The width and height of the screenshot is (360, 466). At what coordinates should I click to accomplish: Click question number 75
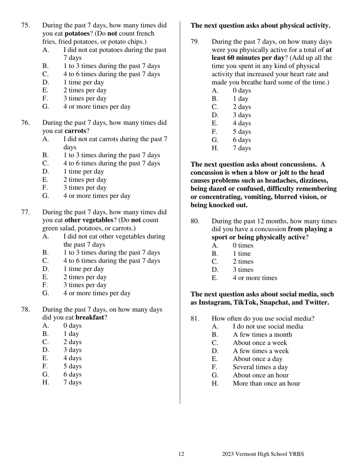25,25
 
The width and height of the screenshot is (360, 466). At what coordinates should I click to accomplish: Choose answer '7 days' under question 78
72,382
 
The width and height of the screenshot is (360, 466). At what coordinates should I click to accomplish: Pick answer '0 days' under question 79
242,91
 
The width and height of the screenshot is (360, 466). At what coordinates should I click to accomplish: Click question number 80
195,221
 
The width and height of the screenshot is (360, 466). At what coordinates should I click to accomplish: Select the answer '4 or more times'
255,278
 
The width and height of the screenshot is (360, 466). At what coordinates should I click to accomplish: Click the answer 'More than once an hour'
266,383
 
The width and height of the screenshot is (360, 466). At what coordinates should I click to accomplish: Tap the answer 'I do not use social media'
268,327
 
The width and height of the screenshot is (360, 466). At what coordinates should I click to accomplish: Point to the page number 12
182,454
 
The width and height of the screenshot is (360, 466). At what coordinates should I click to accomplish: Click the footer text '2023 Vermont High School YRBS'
263,454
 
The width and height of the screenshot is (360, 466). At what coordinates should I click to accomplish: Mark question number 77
25,212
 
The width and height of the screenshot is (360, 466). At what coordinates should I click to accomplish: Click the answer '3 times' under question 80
243,270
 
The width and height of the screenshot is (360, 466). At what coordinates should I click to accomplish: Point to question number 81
195,319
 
